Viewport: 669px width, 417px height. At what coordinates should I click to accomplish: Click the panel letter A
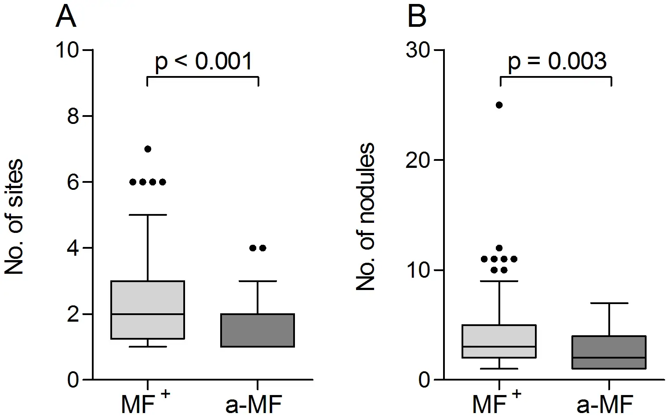coord(66,18)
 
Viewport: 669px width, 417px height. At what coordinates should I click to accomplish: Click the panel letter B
coord(417,18)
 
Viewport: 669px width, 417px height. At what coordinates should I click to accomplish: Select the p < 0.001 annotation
coord(204,62)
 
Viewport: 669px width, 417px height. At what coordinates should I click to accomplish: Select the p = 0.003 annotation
coord(557,62)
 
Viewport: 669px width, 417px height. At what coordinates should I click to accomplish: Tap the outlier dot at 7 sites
coord(148,149)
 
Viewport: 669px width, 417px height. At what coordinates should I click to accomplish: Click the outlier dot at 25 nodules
coord(499,105)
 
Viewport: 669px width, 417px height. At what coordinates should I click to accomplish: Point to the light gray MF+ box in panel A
coord(147,309)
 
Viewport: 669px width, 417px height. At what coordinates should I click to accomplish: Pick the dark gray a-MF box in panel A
coord(258,330)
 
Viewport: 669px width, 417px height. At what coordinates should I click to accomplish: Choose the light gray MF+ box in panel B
coord(500,341)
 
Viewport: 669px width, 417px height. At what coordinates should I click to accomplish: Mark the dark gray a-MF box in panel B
coord(609,352)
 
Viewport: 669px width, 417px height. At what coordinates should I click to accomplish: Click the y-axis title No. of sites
coord(14,217)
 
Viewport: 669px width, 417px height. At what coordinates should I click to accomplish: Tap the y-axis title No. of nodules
coord(365,217)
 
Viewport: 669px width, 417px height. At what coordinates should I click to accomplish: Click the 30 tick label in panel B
coord(418,50)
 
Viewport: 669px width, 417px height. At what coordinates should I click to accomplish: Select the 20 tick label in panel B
coord(418,160)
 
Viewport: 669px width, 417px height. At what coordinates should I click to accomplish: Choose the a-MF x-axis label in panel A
coord(253,405)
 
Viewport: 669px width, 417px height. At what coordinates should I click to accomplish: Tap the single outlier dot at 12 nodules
coord(499,248)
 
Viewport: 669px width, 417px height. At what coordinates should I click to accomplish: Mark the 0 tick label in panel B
coord(424,380)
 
